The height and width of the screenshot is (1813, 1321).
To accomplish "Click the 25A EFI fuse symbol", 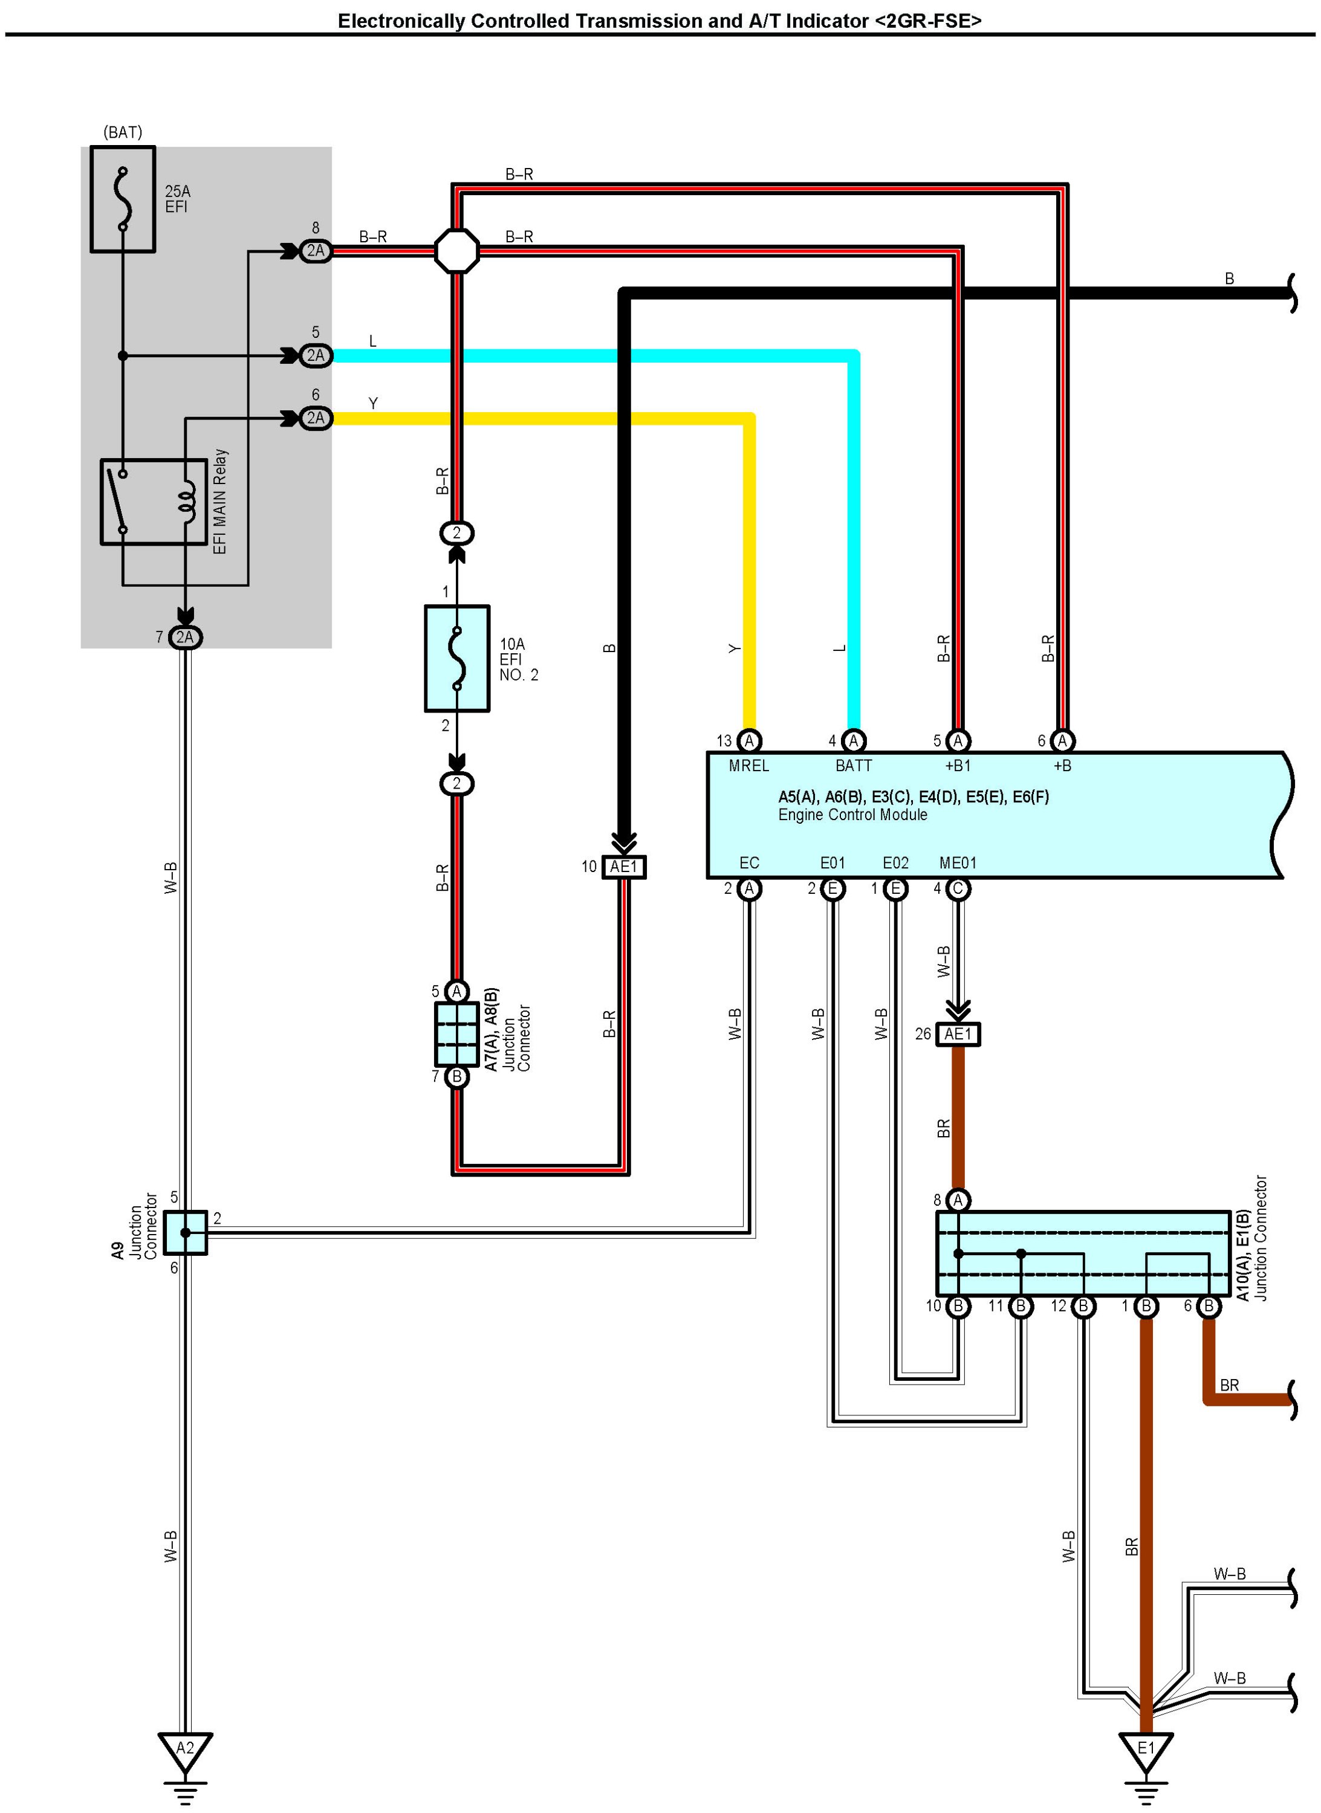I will (122, 199).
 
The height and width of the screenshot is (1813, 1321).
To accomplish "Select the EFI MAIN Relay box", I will (154, 502).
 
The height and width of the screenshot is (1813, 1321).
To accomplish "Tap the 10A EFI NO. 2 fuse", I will (456, 659).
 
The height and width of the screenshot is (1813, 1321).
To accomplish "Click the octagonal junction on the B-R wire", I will (456, 251).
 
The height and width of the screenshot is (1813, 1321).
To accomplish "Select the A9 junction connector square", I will (186, 1233).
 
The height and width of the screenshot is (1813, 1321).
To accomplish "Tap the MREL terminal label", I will (748, 766).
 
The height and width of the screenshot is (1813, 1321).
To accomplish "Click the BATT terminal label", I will (853, 766).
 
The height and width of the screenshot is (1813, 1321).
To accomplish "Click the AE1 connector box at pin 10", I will (624, 867).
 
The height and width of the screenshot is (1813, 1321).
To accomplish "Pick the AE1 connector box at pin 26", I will (958, 1035).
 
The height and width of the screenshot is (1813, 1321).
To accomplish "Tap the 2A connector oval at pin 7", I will (185, 637).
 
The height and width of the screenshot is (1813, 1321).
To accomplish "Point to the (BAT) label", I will (122, 132).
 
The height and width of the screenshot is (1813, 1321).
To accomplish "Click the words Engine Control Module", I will (852, 815).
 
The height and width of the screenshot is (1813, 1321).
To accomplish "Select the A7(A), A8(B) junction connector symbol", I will (456, 1033).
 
